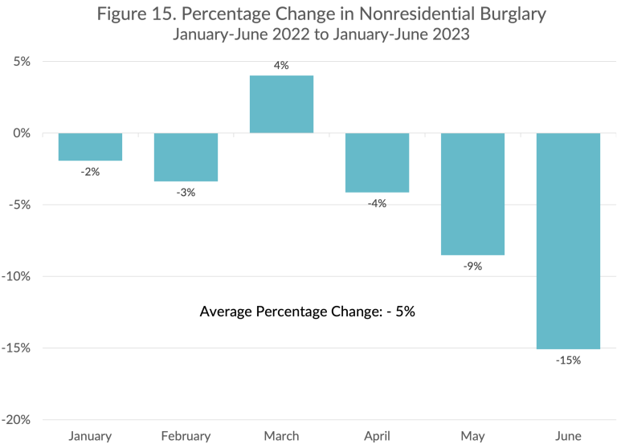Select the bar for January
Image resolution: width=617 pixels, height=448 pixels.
(90, 147)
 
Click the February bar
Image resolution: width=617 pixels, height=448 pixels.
(186, 157)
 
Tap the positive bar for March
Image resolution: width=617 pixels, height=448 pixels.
(281, 104)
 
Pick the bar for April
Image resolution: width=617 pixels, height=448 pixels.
(377, 163)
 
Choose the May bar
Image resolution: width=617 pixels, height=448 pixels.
(472, 193)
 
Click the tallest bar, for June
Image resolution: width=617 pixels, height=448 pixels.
(568, 241)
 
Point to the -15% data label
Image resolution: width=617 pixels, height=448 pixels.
(568, 360)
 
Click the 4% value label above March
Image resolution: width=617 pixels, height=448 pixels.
(281, 66)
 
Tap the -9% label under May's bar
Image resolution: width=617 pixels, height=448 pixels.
(472, 267)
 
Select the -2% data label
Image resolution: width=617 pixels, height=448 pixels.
(90, 172)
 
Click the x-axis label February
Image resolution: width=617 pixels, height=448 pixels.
(186, 436)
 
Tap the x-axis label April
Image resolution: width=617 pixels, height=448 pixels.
(377, 436)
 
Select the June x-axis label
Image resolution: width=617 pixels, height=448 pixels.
(568, 436)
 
